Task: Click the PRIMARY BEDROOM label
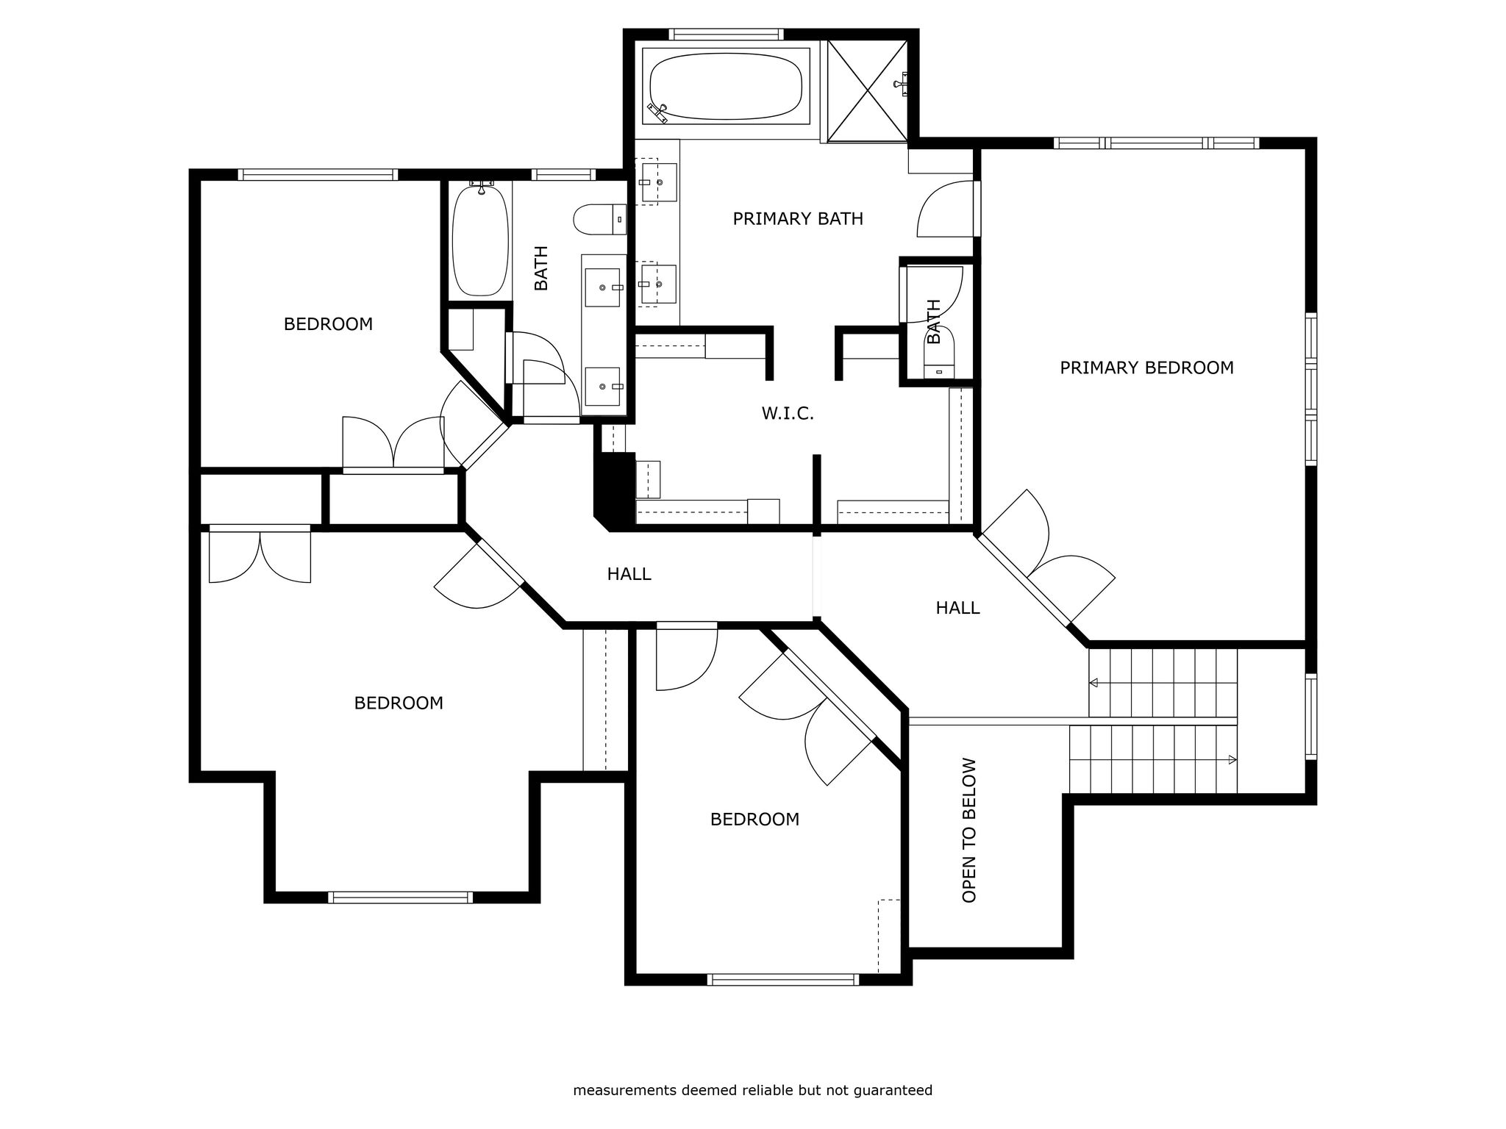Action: pos(1146,368)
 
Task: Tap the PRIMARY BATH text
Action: pos(798,218)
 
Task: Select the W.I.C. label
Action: pos(788,414)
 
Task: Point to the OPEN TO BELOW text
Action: pos(969,830)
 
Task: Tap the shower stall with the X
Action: pos(868,90)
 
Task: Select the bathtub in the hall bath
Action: pos(480,240)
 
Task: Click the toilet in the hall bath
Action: pos(599,220)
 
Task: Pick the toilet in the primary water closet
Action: pos(938,354)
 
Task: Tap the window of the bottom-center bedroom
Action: pos(783,979)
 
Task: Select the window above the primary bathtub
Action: pos(726,34)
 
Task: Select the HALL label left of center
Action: pos(629,574)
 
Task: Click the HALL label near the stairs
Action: pos(957,608)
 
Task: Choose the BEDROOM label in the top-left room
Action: pos(328,324)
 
